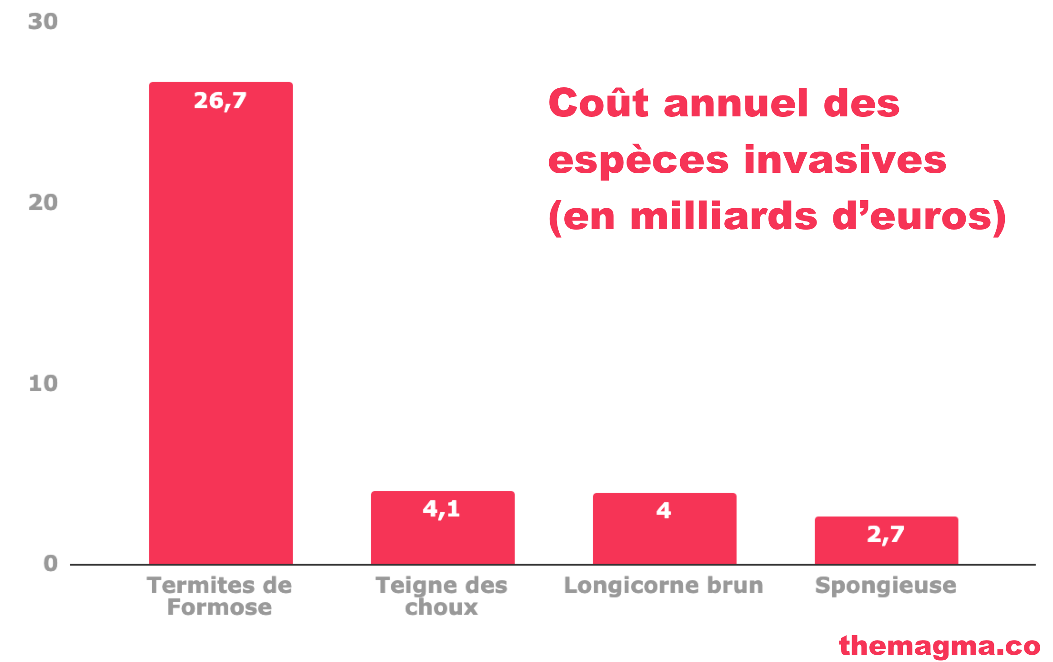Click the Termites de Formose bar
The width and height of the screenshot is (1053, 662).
coord(221,323)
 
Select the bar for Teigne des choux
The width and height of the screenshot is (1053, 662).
coord(442,537)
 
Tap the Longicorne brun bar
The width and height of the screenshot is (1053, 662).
coord(664,539)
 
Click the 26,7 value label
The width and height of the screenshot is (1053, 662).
coord(220,100)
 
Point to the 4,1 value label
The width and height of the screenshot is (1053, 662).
coord(441,509)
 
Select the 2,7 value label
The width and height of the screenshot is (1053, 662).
coord(885,534)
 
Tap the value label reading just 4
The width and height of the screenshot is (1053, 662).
coord(664,510)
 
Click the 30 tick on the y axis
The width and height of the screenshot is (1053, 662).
coord(43,21)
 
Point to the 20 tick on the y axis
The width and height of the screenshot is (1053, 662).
coord(43,202)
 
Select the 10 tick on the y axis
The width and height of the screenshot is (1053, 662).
coord(43,383)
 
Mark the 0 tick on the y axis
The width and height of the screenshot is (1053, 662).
coord(50,563)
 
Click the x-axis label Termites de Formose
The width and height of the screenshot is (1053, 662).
coord(220,596)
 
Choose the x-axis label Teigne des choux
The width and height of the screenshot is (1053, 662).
coord(441,596)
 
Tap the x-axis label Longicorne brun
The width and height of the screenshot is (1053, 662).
coord(663,585)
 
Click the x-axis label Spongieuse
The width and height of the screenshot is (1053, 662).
coord(885,586)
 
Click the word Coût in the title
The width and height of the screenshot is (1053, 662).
coord(598,103)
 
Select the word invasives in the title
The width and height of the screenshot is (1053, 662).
coord(845,160)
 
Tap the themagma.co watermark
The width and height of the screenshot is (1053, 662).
coord(939,646)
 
